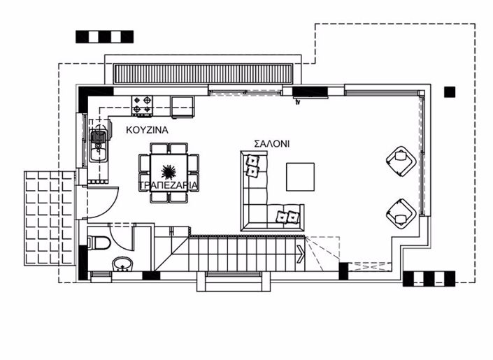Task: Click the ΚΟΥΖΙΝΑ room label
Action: click(x=147, y=130)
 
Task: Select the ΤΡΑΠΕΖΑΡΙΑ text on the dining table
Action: click(x=169, y=185)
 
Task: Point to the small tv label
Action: click(x=297, y=102)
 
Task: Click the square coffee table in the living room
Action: click(x=300, y=176)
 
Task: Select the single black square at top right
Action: click(x=449, y=91)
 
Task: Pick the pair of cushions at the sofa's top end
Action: click(x=252, y=166)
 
